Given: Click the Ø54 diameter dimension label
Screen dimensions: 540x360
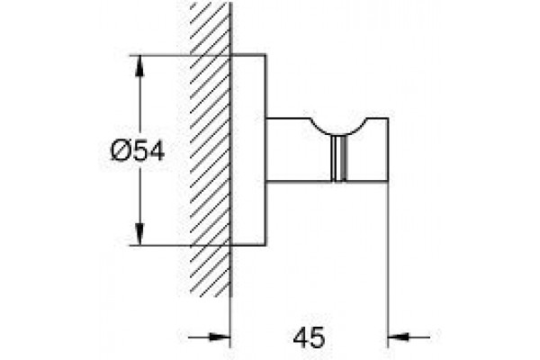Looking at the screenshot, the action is pos(138,151).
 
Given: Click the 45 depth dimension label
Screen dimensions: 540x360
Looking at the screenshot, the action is pos(309,337).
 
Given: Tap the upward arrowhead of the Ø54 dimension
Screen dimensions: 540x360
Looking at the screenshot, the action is pos(139,66).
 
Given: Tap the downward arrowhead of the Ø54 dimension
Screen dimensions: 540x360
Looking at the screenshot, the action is pos(139,234).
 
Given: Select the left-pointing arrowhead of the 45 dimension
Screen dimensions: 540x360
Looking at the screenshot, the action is pos(399,337).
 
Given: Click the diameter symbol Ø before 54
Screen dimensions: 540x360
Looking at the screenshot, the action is pos(120,151).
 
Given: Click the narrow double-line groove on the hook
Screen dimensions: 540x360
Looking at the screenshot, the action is pos(338,157).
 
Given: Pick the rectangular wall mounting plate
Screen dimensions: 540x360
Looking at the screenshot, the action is pos(248,150).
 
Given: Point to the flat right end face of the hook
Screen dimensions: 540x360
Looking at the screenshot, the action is pos(388,149).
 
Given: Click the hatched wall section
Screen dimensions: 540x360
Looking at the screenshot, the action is pos(210,150).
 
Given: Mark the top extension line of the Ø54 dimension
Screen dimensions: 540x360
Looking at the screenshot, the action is pos(180,55).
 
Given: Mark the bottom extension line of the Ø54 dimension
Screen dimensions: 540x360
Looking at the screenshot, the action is pos(180,246).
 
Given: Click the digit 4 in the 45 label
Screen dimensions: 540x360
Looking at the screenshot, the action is pos(301,337).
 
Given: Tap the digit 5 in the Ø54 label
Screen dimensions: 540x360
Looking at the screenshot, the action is pos(140,151).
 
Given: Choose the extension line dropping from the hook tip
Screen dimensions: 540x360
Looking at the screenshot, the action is pos(388,265).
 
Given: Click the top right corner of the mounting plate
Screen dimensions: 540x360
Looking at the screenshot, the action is pos(265,54).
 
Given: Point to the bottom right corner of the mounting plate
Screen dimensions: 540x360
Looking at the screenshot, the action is pos(265,246).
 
